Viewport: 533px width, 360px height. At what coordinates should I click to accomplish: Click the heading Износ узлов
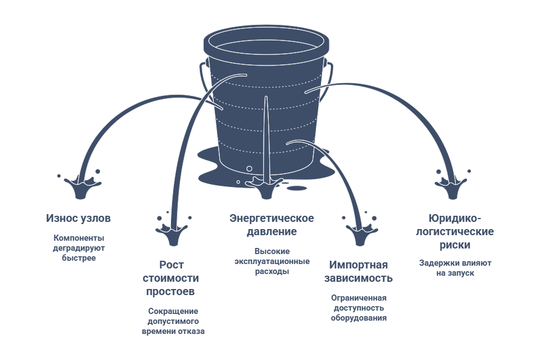[x=78, y=218]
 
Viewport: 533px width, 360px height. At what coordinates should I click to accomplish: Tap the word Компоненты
[x=79, y=238]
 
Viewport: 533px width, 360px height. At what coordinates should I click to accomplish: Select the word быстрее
[x=79, y=258]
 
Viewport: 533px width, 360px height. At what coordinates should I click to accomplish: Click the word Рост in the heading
[x=172, y=265]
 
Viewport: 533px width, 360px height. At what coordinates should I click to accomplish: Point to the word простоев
[x=170, y=291]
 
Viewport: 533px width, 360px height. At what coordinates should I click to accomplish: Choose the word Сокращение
[x=173, y=311]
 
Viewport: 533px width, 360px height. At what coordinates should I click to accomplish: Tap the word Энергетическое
[x=271, y=218]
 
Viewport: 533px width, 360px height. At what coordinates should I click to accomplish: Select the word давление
[x=271, y=232]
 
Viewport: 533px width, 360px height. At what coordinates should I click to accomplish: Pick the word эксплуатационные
[x=272, y=261]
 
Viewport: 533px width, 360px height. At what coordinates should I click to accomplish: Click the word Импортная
[x=358, y=265]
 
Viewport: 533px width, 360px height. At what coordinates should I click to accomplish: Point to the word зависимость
[x=358, y=278]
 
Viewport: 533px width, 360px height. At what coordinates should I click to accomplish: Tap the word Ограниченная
[x=359, y=298]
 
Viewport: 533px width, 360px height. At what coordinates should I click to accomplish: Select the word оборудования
[x=359, y=318]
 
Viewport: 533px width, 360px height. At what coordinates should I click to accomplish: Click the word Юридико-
[x=455, y=218]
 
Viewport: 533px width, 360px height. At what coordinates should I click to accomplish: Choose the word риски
[x=455, y=245]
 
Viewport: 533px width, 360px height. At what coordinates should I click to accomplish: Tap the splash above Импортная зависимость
[x=360, y=230]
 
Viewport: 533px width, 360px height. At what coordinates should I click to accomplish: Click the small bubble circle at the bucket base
[x=249, y=169]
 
